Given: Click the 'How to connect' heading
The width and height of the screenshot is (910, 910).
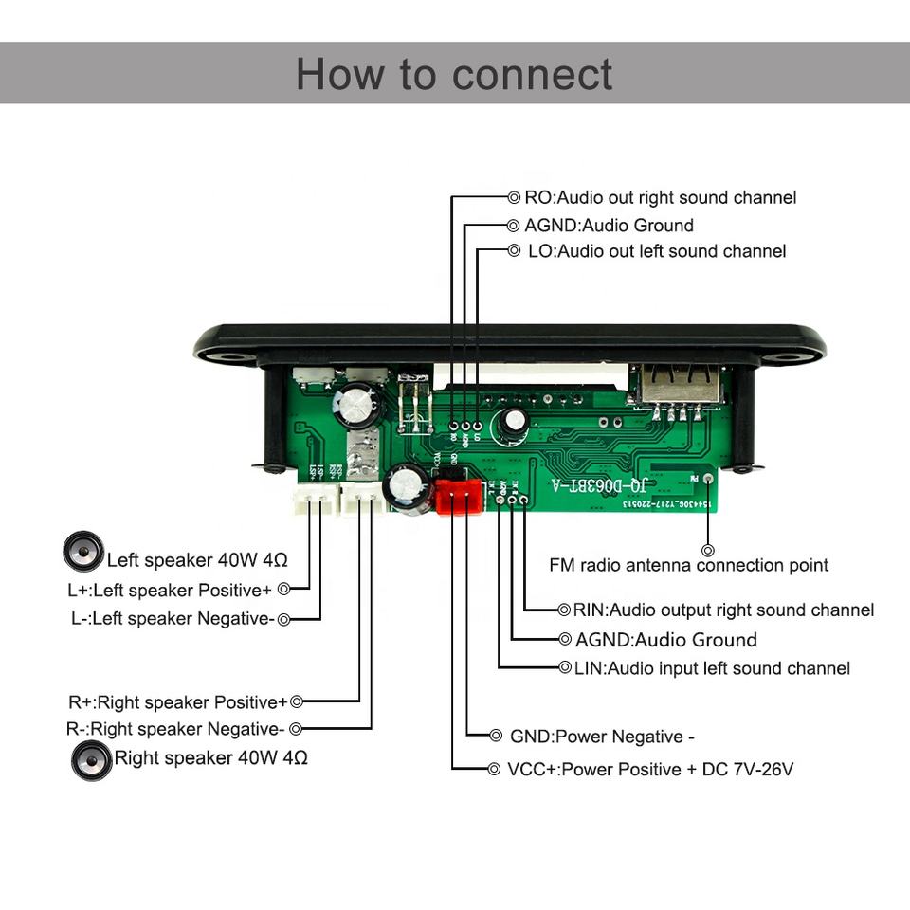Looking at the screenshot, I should (454, 74).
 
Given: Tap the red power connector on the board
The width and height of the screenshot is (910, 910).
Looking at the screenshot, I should (459, 494).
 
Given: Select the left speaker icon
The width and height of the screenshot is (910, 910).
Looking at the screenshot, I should (83, 551).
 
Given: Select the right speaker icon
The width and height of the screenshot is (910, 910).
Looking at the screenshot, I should (92, 759).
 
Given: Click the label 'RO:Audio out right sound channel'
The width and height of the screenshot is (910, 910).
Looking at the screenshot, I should (660, 197).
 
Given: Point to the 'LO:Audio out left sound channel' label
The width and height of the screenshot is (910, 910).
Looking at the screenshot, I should (657, 251).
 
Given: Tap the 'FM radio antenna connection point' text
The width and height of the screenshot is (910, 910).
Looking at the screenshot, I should (688, 565).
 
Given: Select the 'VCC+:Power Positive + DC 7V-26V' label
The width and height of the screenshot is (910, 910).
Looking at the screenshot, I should (649, 769).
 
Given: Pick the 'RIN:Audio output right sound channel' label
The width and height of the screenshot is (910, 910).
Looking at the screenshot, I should (723, 610).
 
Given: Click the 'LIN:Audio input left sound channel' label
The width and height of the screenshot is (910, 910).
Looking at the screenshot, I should (711, 668).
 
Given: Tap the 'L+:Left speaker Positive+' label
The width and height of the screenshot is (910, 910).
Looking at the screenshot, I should (170, 590).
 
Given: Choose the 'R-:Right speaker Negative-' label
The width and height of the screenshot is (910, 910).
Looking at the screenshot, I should (175, 729).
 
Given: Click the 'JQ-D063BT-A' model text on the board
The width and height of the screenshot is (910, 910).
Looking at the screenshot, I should (600, 485).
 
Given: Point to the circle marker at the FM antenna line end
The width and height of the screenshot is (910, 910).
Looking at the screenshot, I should (707, 549).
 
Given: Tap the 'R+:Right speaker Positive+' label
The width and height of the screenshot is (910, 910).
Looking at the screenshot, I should (177, 702).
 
